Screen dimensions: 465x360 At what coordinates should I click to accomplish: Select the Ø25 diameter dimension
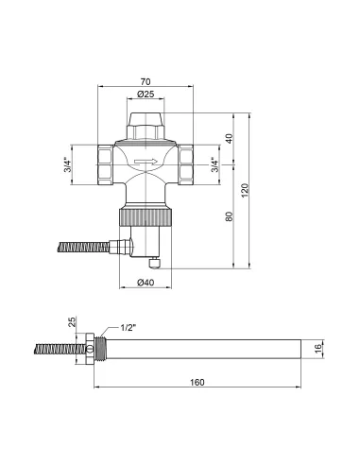point(146,96)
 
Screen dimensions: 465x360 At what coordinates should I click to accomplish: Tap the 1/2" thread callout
point(129,327)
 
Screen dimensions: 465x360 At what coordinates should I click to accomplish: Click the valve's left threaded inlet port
point(104,163)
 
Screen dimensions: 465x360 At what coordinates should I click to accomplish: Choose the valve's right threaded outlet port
point(188,163)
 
